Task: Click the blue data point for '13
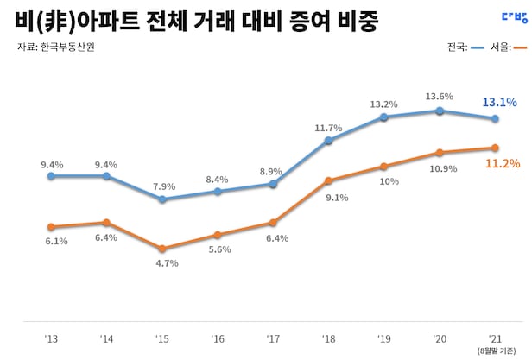pos(51,176)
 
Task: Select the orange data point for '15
pos(162,249)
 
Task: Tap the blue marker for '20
pos(440,111)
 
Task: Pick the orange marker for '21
pos(495,148)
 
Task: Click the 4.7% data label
pos(166,263)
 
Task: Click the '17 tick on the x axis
pos(273,338)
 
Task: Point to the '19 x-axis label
pos(383,338)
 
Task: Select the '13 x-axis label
pos(51,338)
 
